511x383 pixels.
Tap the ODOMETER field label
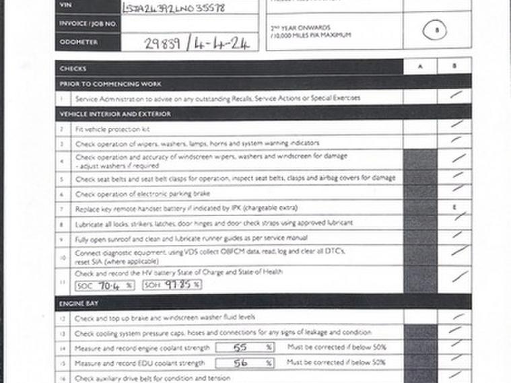point(79,42)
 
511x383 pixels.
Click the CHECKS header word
point(73,69)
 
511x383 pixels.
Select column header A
point(419,67)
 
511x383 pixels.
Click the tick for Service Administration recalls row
point(455,96)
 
